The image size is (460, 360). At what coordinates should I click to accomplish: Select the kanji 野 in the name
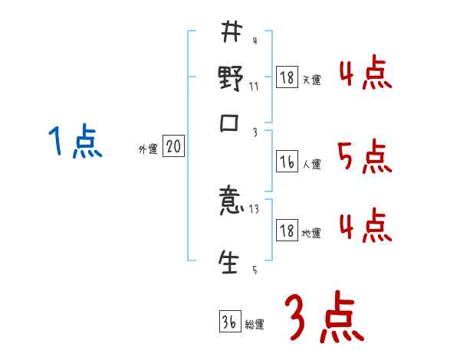[x=232, y=79]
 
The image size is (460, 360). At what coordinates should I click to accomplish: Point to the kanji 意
[x=232, y=205]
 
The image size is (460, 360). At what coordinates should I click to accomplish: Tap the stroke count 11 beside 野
[x=254, y=86]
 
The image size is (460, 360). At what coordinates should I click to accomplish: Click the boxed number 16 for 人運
[x=286, y=162]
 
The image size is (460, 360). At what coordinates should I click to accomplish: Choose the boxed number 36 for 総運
[x=228, y=322]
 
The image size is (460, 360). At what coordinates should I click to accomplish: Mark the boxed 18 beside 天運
[x=286, y=78]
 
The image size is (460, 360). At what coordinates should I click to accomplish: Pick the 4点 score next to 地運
[x=365, y=226]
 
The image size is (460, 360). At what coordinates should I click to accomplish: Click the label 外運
[x=147, y=149]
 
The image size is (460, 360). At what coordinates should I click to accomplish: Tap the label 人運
[x=312, y=164]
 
